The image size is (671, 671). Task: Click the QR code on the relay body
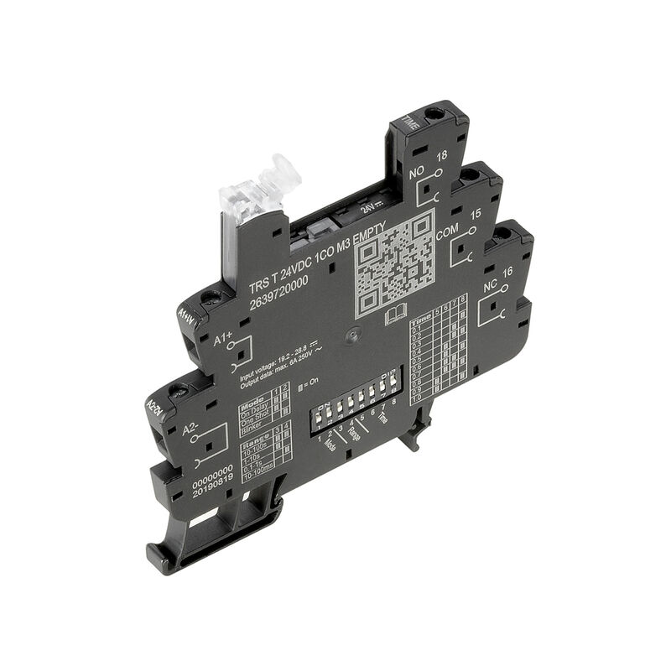click(x=394, y=262)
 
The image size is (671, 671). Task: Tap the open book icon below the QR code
click(x=395, y=316)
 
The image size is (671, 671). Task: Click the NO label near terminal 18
click(x=415, y=174)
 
